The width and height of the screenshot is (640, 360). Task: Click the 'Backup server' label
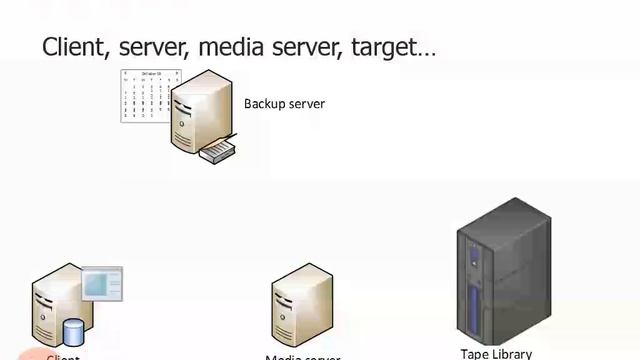[x=284, y=104]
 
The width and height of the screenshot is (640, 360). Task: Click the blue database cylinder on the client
[x=73, y=331]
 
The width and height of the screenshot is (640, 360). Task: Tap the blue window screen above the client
[x=101, y=285]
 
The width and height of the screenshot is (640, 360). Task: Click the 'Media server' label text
[x=303, y=357]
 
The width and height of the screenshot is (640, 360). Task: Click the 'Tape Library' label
[x=496, y=353]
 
